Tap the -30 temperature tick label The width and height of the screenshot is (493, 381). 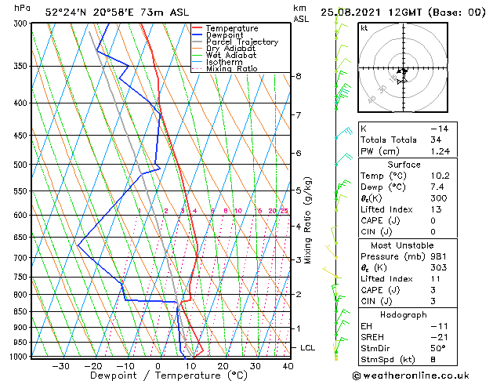click(x=60, y=366)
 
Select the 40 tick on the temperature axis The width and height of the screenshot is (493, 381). click(x=288, y=366)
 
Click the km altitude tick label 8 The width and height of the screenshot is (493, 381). click(x=299, y=76)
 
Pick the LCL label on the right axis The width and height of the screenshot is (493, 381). click(x=309, y=347)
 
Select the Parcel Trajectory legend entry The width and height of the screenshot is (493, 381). click(x=241, y=42)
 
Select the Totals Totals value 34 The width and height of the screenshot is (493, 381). click(x=436, y=140)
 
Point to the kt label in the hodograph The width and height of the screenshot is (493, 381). click(x=364, y=28)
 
